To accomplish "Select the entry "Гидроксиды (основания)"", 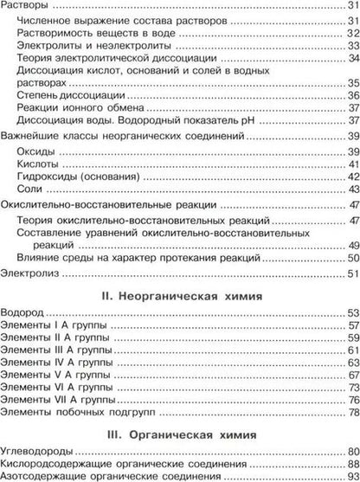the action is pos(79,177).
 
